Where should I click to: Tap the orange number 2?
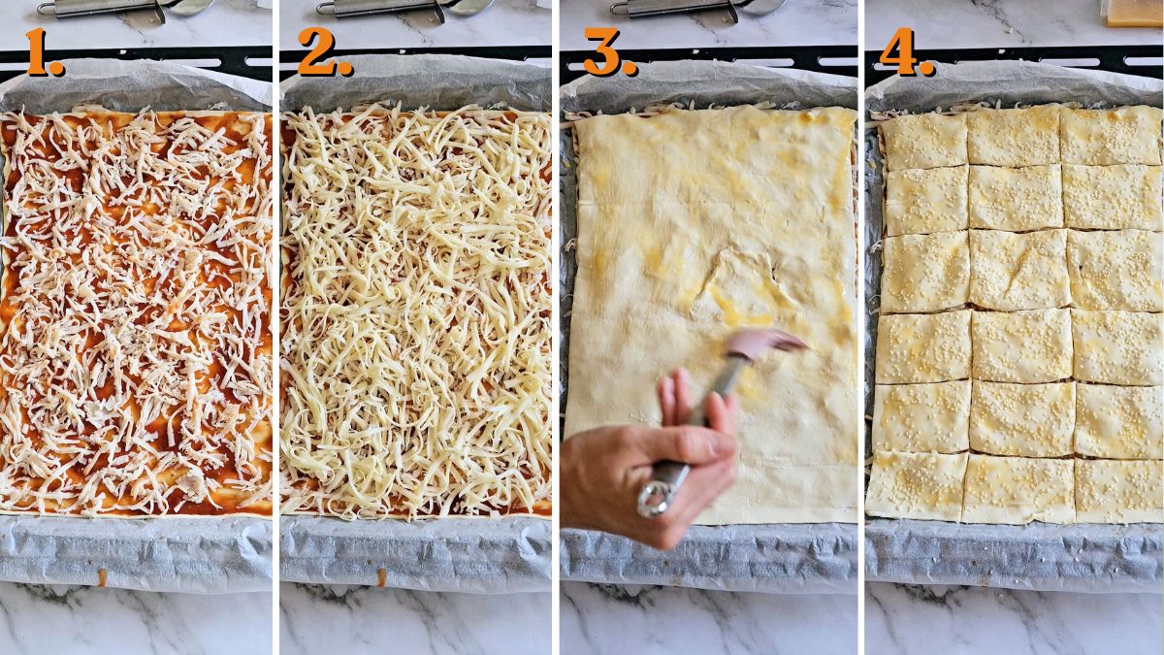coord(323,52)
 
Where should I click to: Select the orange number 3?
coord(608,52)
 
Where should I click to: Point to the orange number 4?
coord(905,52)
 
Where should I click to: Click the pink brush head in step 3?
coord(766,342)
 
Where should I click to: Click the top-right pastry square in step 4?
coord(1112,135)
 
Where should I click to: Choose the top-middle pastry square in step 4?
coord(1013,136)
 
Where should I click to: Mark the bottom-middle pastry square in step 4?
coord(1018,488)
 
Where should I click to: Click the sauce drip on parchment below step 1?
coord(102,577)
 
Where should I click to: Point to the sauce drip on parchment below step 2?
coord(381,577)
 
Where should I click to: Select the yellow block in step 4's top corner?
coord(1133,12)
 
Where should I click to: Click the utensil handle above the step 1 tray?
coord(97,8)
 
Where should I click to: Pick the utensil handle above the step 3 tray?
coord(669,8)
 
